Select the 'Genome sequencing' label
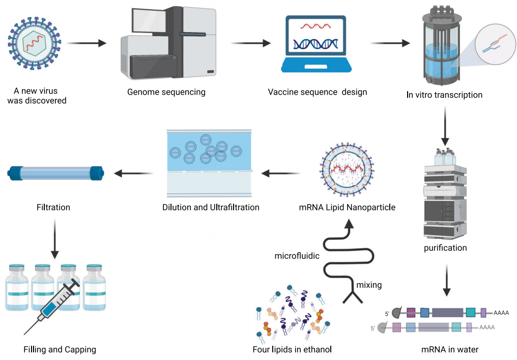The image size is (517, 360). tap(166, 92)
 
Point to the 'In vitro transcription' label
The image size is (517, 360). tap(444, 95)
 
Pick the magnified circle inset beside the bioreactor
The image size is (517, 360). tap(492, 43)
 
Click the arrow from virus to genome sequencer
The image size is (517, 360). tap(87, 43)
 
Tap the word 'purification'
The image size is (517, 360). tap(445, 248)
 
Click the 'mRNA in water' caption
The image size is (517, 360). tap(450, 349)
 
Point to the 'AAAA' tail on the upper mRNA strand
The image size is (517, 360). tap(501, 313)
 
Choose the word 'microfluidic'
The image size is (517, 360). tap(297, 256)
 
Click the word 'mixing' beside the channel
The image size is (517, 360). tap(369, 285)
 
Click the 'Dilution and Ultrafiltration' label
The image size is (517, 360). tap(211, 207)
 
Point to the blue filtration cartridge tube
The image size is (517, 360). tap(56, 173)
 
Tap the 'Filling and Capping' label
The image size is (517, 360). tap(60, 349)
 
